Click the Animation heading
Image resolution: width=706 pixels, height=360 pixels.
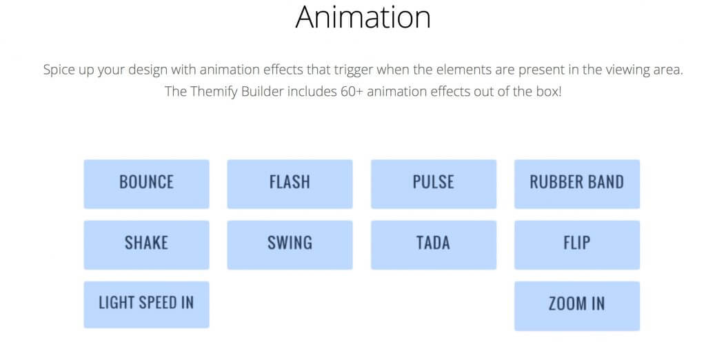point(363,17)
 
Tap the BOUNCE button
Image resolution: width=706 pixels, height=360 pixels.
point(146,184)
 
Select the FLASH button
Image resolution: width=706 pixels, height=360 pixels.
point(290,184)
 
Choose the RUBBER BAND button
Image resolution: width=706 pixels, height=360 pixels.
point(577,184)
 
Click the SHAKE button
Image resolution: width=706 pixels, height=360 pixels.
point(146,245)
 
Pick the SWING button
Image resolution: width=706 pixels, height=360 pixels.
point(290,245)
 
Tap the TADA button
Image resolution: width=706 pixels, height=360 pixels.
point(434,245)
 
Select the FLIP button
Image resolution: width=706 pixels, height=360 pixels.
point(577,245)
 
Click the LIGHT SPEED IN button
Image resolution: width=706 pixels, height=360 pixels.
point(146,305)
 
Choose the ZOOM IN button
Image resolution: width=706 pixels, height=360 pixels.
point(577,306)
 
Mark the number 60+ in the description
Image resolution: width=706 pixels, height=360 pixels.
point(352,92)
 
